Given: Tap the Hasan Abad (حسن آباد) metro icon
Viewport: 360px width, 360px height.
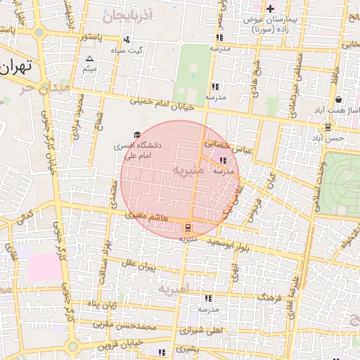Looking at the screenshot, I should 328,127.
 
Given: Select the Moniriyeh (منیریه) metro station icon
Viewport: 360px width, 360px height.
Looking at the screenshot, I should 188,227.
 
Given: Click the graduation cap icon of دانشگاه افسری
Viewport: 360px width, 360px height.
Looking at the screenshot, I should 137,134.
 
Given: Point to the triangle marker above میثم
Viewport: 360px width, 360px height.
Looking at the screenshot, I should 89,58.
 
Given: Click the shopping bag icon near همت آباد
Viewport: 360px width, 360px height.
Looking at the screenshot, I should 338,100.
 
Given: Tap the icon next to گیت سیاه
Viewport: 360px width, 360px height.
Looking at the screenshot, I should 127,40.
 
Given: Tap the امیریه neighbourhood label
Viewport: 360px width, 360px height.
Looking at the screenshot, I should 173,289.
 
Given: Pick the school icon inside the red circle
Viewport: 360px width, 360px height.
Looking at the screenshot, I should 224,160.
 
